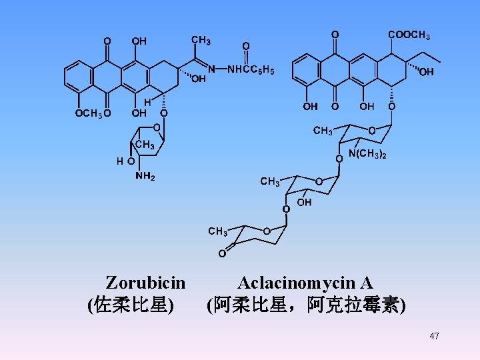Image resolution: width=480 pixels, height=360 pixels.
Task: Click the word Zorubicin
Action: tap(145, 282)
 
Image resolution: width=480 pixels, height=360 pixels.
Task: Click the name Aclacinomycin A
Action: tap(305, 282)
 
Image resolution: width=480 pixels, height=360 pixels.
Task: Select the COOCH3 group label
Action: tap(409, 34)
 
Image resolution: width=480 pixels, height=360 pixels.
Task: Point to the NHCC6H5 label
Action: tap(251, 69)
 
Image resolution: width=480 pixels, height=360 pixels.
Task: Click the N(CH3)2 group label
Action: tap(367, 155)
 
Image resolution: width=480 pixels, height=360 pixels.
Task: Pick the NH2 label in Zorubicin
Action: tap(145, 177)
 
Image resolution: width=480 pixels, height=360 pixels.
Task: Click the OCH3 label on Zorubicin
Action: tap(88, 113)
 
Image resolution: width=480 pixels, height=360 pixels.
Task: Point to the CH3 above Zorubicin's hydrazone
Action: tap(201, 41)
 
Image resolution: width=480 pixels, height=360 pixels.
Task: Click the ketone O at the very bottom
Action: tap(222, 253)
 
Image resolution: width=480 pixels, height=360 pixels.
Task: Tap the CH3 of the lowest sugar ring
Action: tap(217, 231)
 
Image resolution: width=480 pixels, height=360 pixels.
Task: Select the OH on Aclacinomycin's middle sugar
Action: tap(304, 202)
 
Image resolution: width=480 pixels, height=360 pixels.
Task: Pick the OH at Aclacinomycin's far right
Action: tap(427, 72)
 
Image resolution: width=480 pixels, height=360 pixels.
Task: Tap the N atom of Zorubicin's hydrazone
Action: tap(211, 69)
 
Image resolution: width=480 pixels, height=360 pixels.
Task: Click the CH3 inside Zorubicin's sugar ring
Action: tap(145, 145)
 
